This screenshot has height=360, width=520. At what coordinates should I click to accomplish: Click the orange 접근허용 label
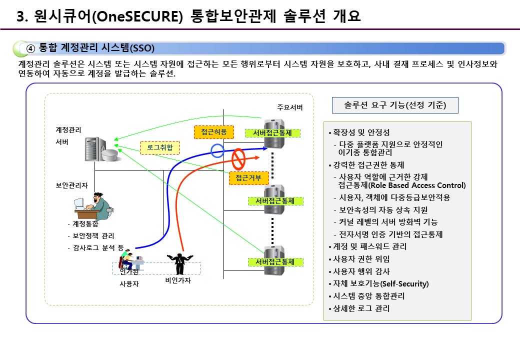pyautogui.click(x=213, y=132)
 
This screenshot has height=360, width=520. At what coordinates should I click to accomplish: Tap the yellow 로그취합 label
pyautogui.click(x=159, y=147)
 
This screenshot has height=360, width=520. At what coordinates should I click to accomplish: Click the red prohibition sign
pyautogui.click(x=238, y=159)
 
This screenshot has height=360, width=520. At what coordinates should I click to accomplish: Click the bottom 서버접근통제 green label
pyautogui.click(x=274, y=261)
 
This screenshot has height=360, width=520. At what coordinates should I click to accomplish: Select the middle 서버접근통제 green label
pyautogui.click(x=274, y=201)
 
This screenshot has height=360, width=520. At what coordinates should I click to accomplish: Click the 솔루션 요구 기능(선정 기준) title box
pyautogui.click(x=395, y=105)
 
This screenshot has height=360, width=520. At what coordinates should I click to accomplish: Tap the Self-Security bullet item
pyautogui.click(x=380, y=283)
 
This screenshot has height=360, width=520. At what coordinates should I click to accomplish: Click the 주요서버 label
pyautogui.click(x=290, y=107)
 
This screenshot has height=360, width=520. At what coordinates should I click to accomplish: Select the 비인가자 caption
pyautogui.click(x=178, y=280)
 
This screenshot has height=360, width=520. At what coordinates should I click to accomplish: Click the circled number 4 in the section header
pyautogui.click(x=30, y=48)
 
